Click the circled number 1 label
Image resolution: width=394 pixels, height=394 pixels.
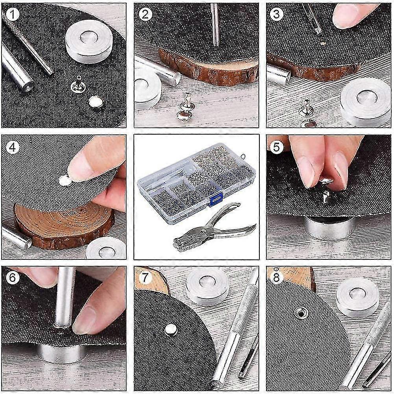point(12,15)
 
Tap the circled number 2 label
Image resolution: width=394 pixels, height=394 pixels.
point(145,15)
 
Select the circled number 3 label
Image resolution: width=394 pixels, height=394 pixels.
point(276,14)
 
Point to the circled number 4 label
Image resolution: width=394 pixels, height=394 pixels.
point(12,147)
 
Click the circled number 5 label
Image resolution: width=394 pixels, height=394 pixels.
point(276,147)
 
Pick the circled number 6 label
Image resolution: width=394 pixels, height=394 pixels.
point(12,277)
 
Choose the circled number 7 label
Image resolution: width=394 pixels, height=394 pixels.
point(145,277)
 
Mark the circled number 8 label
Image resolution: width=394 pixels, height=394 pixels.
point(276,277)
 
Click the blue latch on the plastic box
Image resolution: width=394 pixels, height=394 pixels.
point(216,199)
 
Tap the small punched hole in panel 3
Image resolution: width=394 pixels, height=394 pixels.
point(323,43)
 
